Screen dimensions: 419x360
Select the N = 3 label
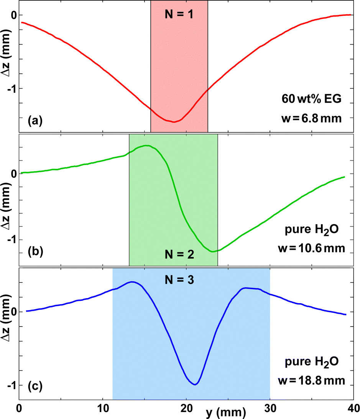click(179, 280)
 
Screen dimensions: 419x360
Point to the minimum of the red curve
click(174, 122)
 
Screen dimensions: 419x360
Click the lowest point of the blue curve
click(196, 384)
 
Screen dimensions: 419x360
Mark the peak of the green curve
click(146, 145)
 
